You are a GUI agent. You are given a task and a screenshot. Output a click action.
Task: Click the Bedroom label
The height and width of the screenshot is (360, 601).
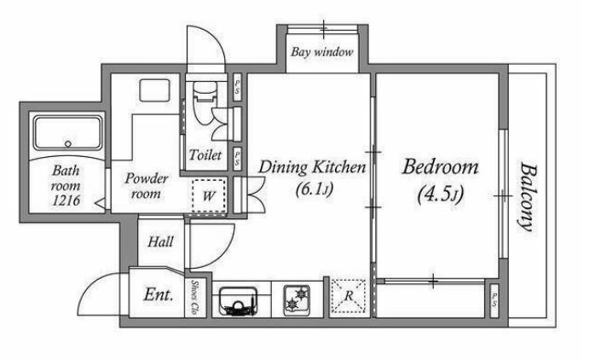click(441, 167)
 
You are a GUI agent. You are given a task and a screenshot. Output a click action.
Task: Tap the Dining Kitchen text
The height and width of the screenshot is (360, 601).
click(312, 167)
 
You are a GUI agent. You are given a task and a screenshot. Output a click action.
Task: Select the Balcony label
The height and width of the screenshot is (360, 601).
click(529, 197)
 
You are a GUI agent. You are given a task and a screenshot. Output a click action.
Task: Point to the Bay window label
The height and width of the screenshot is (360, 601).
click(322, 52)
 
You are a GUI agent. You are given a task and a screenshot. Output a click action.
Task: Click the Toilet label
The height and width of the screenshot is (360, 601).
click(205, 155)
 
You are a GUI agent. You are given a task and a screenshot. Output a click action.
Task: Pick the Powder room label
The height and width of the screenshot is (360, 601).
click(147, 186)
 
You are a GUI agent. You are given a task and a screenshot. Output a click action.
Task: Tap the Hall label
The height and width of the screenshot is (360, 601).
click(160, 241)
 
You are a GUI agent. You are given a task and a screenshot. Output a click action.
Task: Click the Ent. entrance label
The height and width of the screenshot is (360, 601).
click(159, 294)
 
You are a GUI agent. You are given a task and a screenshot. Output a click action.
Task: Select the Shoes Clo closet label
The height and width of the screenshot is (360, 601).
click(195, 298)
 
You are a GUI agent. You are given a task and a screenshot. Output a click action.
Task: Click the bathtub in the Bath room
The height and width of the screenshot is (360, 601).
click(68, 133)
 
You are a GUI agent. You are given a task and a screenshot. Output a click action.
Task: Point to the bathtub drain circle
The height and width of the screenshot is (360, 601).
click(68, 144)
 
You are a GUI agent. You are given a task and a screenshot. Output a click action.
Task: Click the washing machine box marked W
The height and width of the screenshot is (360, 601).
click(209, 195)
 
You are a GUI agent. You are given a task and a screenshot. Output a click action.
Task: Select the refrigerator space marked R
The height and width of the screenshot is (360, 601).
click(349, 296)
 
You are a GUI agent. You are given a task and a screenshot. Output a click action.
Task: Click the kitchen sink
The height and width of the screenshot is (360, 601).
click(238, 301)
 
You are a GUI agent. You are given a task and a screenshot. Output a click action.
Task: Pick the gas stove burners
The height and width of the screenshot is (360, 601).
click(297, 300)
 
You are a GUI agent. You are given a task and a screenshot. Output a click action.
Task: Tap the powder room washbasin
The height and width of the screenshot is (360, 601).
click(154, 90)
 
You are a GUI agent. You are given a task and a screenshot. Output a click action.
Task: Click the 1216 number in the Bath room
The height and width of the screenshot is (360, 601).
click(66, 200)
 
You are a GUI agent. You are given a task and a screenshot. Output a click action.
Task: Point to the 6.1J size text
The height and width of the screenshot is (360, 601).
click(315, 189)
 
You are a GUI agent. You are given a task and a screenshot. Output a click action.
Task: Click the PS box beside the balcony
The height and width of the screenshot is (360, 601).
click(494, 301)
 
